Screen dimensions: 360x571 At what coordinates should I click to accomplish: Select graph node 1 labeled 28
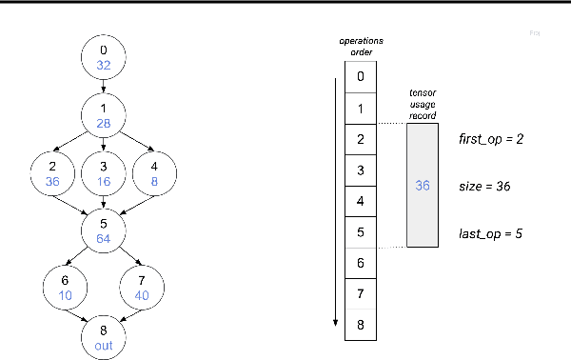click(105, 114)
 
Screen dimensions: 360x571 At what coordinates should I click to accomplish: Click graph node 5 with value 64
click(105, 230)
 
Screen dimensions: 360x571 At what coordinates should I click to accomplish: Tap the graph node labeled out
click(105, 337)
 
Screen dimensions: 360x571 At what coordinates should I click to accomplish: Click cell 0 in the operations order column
click(360, 77)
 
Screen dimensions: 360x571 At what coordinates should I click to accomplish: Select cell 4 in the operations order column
click(360, 201)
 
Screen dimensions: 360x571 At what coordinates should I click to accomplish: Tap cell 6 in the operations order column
click(360, 262)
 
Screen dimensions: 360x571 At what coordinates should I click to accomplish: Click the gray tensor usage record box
click(423, 186)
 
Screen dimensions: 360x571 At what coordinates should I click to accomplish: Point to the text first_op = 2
click(491, 139)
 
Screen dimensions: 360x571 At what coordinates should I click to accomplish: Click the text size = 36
click(484, 187)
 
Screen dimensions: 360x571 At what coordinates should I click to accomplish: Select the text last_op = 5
click(491, 233)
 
